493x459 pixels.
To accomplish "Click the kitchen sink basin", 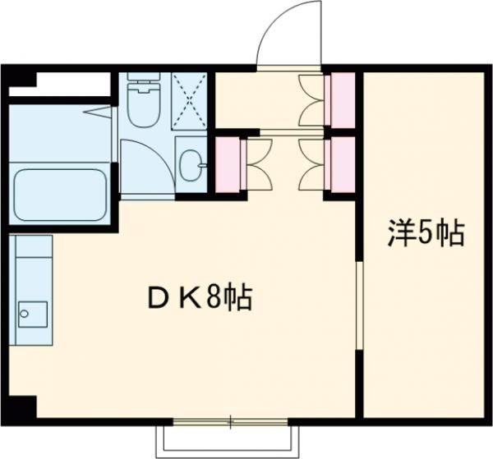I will (33, 313).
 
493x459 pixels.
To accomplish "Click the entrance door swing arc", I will (283, 33).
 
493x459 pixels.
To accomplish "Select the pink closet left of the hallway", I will (226, 163).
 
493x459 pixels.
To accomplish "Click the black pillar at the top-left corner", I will (21, 80).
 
